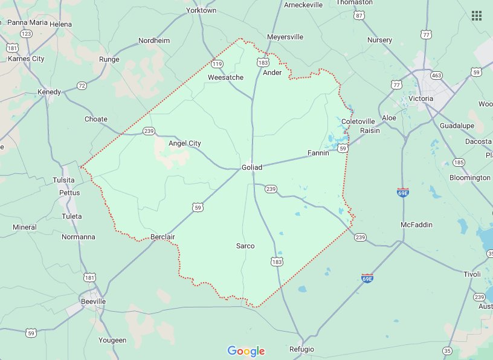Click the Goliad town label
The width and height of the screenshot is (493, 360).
[x=252, y=167]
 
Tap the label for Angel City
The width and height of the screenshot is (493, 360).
[x=184, y=143]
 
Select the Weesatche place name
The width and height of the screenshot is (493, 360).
[x=225, y=77]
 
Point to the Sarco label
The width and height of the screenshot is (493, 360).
[x=245, y=246]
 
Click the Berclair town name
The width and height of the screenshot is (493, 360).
[x=163, y=237]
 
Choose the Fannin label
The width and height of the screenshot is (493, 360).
[x=318, y=153]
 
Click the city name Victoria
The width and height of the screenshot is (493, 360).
[x=420, y=98]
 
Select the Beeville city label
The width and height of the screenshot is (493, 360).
[x=93, y=301]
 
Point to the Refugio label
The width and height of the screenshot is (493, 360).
[x=301, y=349]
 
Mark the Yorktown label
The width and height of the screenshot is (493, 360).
[x=202, y=10]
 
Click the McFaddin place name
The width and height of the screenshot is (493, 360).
[x=417, y=225]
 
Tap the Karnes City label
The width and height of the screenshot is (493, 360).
[x=26, y=59]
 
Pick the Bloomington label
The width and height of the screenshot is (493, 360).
[x=470, y=178]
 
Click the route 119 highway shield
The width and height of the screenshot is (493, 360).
[x=217, y=63]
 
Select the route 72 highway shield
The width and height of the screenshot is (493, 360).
[x=82, y=86]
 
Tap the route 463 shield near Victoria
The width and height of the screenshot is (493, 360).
[x=436, y=76]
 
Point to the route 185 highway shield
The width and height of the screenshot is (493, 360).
[x=459, y=162]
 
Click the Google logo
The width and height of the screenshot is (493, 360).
[x=246, y=351]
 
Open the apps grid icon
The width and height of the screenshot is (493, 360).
[x=477, y=16]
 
